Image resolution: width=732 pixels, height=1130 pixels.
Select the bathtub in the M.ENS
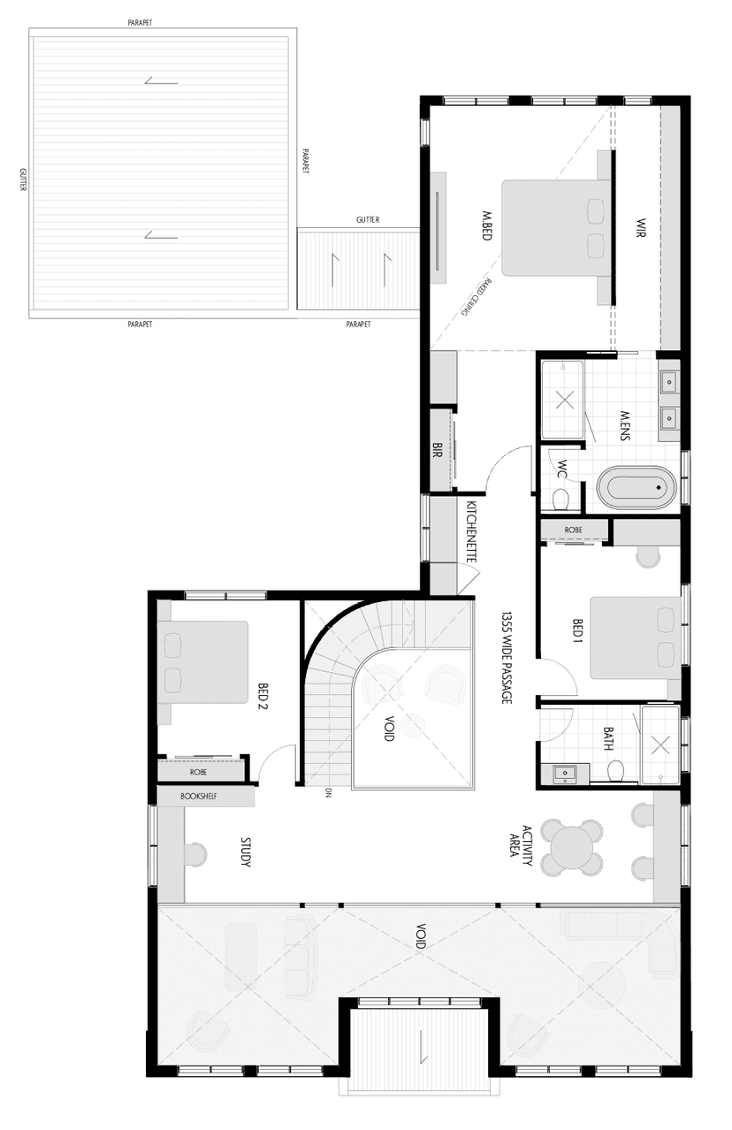637,487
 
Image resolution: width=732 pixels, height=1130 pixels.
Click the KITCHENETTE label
471,531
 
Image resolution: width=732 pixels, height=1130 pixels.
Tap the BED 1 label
576,634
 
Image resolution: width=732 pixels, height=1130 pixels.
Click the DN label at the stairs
328,792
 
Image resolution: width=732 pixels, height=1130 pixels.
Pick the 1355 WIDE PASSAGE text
507,657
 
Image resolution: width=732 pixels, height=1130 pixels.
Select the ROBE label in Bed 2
198,772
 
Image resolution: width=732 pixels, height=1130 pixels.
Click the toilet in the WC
559,501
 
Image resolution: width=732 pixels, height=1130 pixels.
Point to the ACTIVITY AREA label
520,847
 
